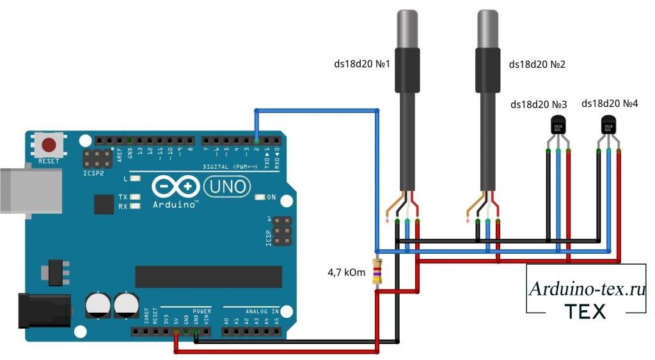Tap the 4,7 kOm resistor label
346,273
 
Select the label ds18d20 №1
362,65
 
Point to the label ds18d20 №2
537,65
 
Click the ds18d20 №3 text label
539,104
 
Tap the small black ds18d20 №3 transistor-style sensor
558,127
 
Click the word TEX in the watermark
585,311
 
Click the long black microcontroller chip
209,277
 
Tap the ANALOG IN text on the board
260,311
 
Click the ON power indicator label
271,197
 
